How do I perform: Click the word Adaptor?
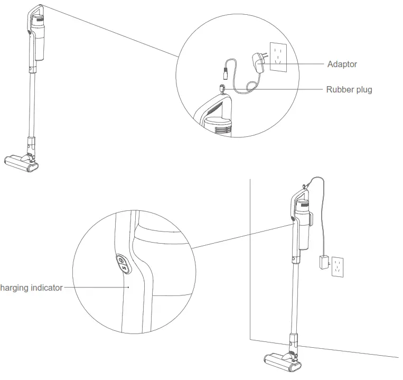pos(342,64)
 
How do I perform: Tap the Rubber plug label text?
pos(349,89)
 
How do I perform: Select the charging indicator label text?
pos(31,288)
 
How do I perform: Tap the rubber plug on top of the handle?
pos(222,87)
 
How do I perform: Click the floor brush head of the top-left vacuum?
pos(22,162)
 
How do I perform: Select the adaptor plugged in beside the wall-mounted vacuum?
pos(323,263)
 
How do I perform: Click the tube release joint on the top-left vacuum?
pos(30,143)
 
